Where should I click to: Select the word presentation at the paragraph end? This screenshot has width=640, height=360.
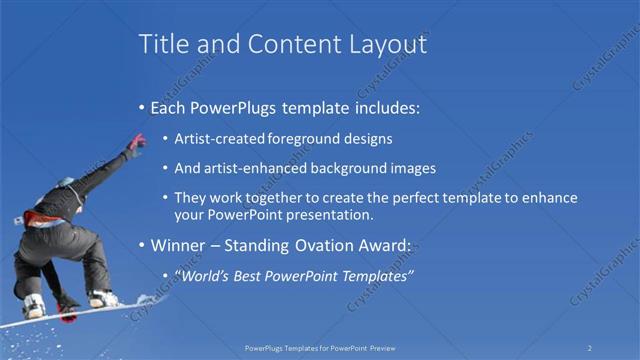(328, 214)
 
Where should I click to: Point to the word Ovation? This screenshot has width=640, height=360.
(326, 244)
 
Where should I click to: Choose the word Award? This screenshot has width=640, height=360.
(394, 244)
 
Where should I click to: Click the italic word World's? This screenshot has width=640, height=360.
(204, 275)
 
